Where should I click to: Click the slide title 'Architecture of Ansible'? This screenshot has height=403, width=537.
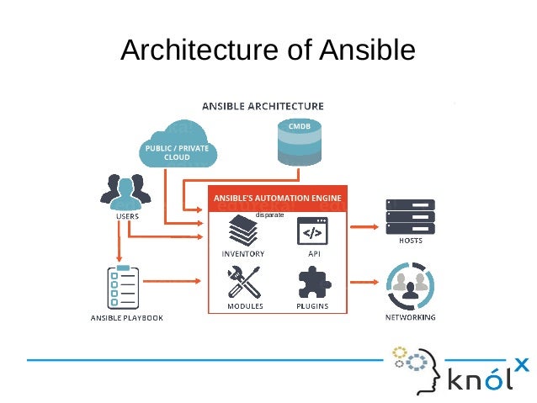[x=268, y=50]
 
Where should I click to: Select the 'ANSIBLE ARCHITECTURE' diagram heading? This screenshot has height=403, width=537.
[x=262, y=107]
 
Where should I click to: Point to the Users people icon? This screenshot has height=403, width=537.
[x=127, y=193]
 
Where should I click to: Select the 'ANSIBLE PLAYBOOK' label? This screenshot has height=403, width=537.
[x=126, y=318]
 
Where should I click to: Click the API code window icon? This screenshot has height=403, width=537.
[x=312, y=230]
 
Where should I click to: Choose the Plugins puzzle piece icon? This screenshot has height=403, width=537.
[x=312, y=283]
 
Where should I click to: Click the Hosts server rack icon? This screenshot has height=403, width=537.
[x=410, y=215]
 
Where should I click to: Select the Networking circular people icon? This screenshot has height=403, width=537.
[x=410, y=287]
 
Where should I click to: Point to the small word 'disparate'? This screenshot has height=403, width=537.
[x=270, y=215]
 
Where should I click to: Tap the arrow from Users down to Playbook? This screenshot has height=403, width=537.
[x=120, y=243]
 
